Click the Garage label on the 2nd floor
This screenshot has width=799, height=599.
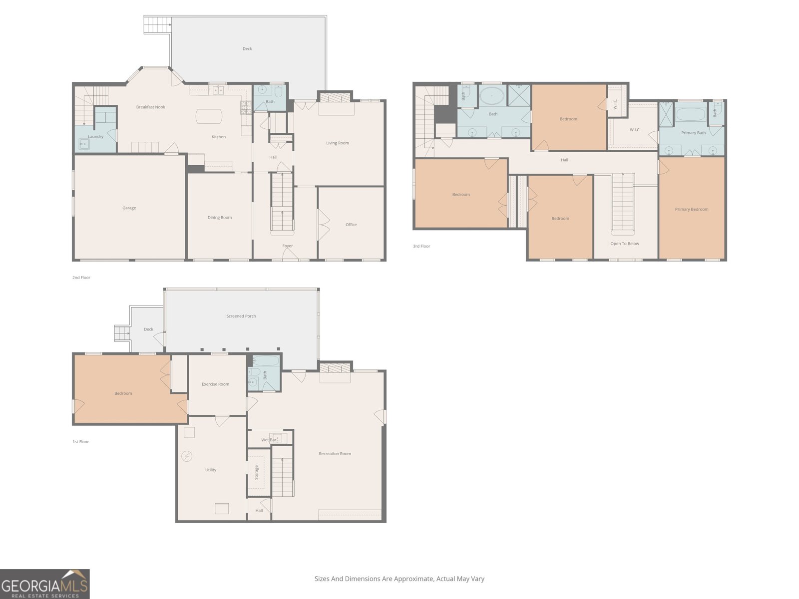[x=129, y=208]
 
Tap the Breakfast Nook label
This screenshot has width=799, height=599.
[x=151, y=107]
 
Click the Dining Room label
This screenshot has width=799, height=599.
[x=220, y=218]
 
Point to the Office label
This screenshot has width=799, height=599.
[x=351, y=225]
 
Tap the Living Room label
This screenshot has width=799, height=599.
[x=338, y=143]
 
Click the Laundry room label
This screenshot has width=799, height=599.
[x=96, y=137]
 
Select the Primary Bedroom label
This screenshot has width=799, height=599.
[x=692, y=209]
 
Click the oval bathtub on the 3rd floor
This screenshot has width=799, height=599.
[x=492, y=96]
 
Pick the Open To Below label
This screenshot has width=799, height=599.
[x=625, y=244]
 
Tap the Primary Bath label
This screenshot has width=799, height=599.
[x=694, y=133]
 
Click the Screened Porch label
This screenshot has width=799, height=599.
[x=241, y=316]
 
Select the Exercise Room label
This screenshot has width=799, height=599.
[x=216, y=384]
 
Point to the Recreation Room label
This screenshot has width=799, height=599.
[x=335, y=454]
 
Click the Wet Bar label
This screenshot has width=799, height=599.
[x=269, y=440]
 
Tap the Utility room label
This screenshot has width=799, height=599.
[x=211, y=470]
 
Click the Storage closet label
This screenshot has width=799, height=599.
[x=256, y=472]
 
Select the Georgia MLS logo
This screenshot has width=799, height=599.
[x=45, y=584]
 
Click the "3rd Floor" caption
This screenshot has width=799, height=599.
[x=421, y=246]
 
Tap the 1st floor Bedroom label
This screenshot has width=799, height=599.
[x=123, y=393]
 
